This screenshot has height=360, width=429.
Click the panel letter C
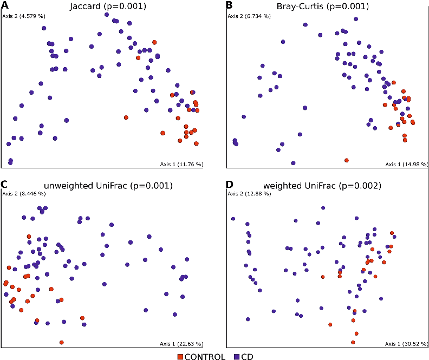click(5, 185)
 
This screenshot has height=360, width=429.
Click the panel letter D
click(229, 185)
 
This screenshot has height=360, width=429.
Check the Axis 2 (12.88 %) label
click(248, 194)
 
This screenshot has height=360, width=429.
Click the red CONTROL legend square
click(181, 356)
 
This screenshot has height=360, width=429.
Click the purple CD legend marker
click(236, 356)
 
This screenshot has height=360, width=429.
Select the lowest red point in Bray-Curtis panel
click(347, 160)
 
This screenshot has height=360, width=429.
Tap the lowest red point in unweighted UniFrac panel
click(62, 342)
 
